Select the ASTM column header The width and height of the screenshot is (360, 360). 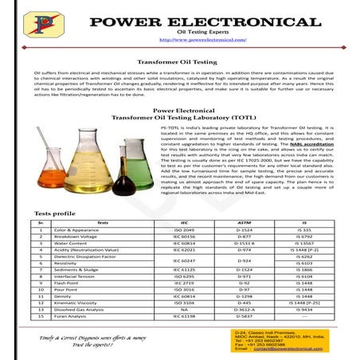[244, 223]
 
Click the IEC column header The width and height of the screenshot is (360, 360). [184, 223]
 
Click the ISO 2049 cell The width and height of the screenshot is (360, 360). [184, 229]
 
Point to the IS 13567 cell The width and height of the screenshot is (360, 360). [302, 244]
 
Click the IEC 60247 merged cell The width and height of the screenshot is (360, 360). [184, 260]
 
